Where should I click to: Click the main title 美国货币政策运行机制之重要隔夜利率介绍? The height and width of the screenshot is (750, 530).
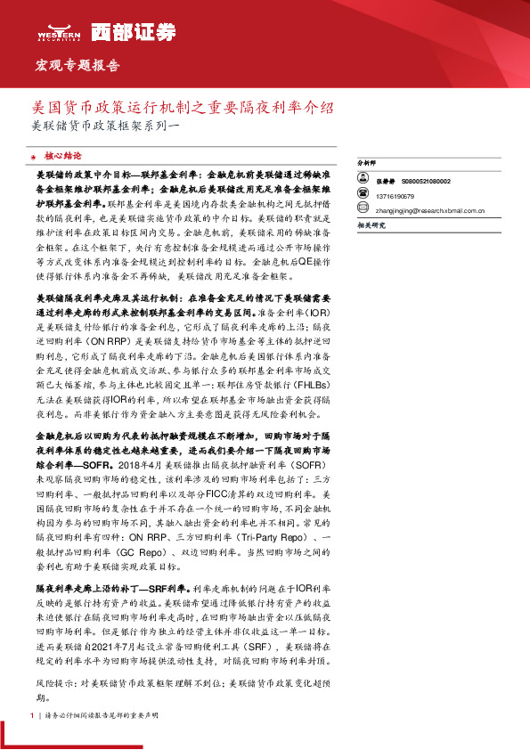[183, 108]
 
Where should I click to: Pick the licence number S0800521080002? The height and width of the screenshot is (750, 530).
[426, 181]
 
